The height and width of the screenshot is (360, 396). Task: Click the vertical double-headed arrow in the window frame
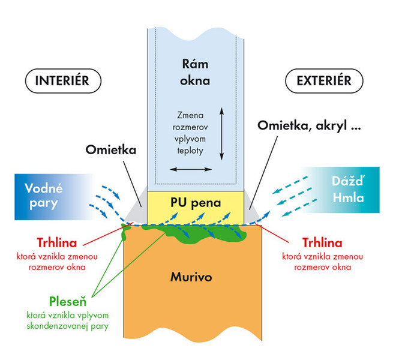tap(221, 133)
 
